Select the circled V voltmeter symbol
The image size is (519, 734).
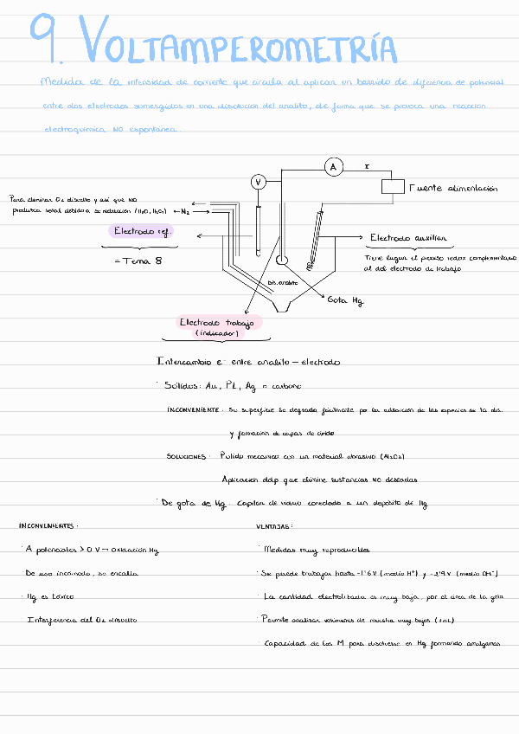tap(257, 181)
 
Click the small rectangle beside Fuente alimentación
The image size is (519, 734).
tap(394, 186)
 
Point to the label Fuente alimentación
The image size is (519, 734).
tap(453, 187)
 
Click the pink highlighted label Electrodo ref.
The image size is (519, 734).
tap(144, 231)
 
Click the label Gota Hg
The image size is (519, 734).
tap(345, 299)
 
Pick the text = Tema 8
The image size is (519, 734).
tap(138, 260)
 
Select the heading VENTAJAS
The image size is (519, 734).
tap(274, 525)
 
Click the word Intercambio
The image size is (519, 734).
tap(183, 361)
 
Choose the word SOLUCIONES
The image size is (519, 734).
tap(187, 455)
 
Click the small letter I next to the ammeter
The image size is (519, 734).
tap(367, 164)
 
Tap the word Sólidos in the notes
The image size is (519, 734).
tap(180, 385)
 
